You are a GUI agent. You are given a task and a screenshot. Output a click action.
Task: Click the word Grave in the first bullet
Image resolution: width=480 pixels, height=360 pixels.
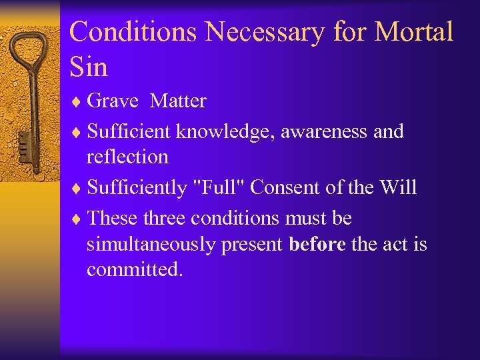113,101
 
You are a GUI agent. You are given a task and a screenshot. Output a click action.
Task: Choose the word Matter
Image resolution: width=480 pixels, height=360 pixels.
178,101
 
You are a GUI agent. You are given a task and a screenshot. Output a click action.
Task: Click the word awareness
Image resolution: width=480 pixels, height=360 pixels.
325,131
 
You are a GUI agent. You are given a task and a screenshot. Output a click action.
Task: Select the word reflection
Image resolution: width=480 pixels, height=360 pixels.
127,157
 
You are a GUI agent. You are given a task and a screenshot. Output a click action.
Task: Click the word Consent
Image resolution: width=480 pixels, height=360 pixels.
287,187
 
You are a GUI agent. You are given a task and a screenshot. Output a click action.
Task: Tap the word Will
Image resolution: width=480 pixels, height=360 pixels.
398,187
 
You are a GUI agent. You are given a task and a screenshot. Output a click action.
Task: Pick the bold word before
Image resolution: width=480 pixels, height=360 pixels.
317,245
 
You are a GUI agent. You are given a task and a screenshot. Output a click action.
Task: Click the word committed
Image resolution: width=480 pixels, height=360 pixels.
134,269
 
